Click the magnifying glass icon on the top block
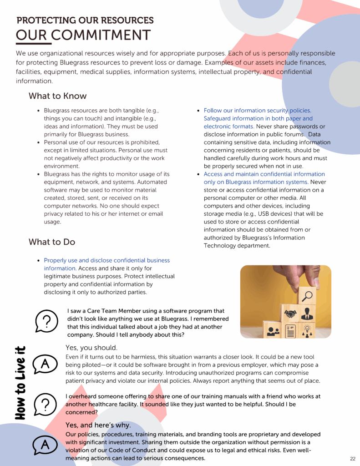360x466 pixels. coord(307,296)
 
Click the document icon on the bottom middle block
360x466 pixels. coord(291,331)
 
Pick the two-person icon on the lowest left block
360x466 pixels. coord(273,331)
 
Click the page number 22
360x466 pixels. coord(353,458)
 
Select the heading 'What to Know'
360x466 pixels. coord(57,96)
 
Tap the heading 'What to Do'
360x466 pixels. coord(52,242)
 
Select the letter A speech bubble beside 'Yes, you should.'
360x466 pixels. coord(45,364)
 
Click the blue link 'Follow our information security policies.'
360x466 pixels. coord(258,111)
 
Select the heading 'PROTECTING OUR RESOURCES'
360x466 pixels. coord(85,20)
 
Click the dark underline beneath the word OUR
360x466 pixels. coord(31,44)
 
